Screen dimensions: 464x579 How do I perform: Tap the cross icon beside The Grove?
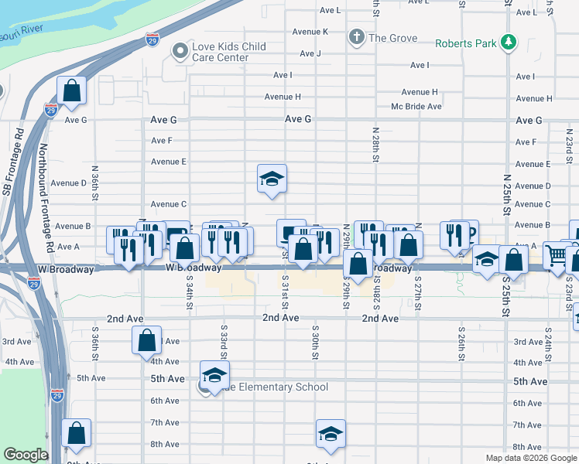(x=356, y=37)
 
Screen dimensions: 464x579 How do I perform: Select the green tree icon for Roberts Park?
(x=509, y=43)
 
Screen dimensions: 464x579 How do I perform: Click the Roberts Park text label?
(x=465, y=43)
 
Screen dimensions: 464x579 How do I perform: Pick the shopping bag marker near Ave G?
(x=71, y=91)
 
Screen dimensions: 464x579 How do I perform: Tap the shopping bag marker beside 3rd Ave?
(x=146, y=340)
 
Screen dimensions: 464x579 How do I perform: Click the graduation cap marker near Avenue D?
(x=272, y=179)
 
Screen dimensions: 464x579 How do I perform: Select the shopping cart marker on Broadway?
(x=557, y=254)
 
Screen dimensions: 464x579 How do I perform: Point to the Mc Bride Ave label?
(x=416, y=107)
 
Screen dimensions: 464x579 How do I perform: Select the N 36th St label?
(x=94, y=179)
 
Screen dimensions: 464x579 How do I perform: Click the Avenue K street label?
(x=310, y=32)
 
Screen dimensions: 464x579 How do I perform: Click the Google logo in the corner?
(x=26, y=455)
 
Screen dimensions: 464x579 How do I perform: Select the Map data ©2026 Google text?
(x=532, y=458)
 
